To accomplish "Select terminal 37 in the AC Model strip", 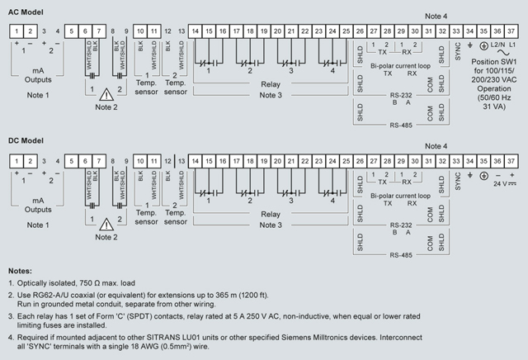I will pos(511,31).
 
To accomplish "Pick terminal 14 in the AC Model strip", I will pos(196,31).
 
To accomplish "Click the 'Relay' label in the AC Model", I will pos(271,84).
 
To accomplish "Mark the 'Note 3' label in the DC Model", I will pos(271,224).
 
